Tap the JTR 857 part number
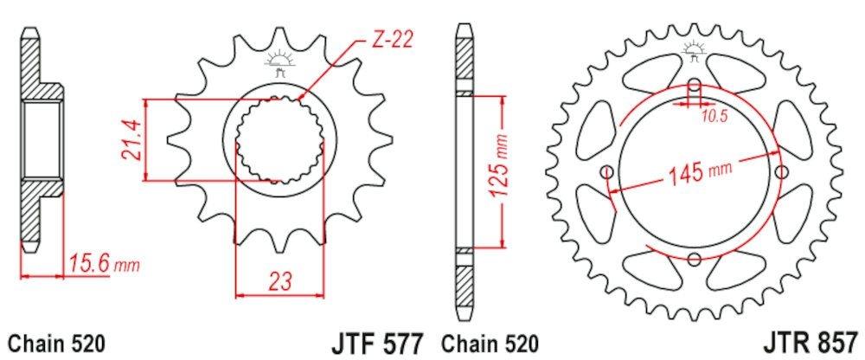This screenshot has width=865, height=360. point(811,343)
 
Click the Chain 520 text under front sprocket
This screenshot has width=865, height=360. point(57,343)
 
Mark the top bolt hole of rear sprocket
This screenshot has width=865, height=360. point(695,86)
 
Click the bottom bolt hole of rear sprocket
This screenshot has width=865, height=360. point(695,258)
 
